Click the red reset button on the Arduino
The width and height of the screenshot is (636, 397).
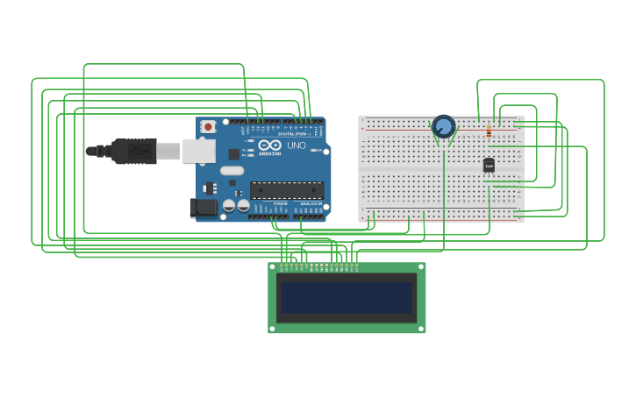[208, 126]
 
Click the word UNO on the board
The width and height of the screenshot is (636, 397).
[297, 145]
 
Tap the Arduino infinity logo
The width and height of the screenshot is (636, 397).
[269, 145]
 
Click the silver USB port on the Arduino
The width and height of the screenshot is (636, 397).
[198, 151]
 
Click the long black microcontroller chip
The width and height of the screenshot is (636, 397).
[287, 190]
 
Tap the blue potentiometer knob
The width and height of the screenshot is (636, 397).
[444, 127]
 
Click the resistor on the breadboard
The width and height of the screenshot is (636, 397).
[489, 131]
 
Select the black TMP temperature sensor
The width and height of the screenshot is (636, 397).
[489, 165]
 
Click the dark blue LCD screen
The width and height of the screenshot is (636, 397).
[347, 297]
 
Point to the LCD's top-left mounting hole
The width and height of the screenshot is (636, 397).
[273, 266]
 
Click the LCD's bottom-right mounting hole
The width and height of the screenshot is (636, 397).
[421, 329]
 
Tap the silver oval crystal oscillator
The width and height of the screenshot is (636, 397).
[232, 171]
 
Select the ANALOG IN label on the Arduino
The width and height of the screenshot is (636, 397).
[311, 203]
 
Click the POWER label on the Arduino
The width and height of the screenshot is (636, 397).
[280, 203]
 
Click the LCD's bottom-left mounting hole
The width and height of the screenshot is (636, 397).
[273, 329]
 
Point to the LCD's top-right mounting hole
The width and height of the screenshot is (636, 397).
[421, 266]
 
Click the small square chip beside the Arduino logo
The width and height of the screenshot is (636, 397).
[234, 154]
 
